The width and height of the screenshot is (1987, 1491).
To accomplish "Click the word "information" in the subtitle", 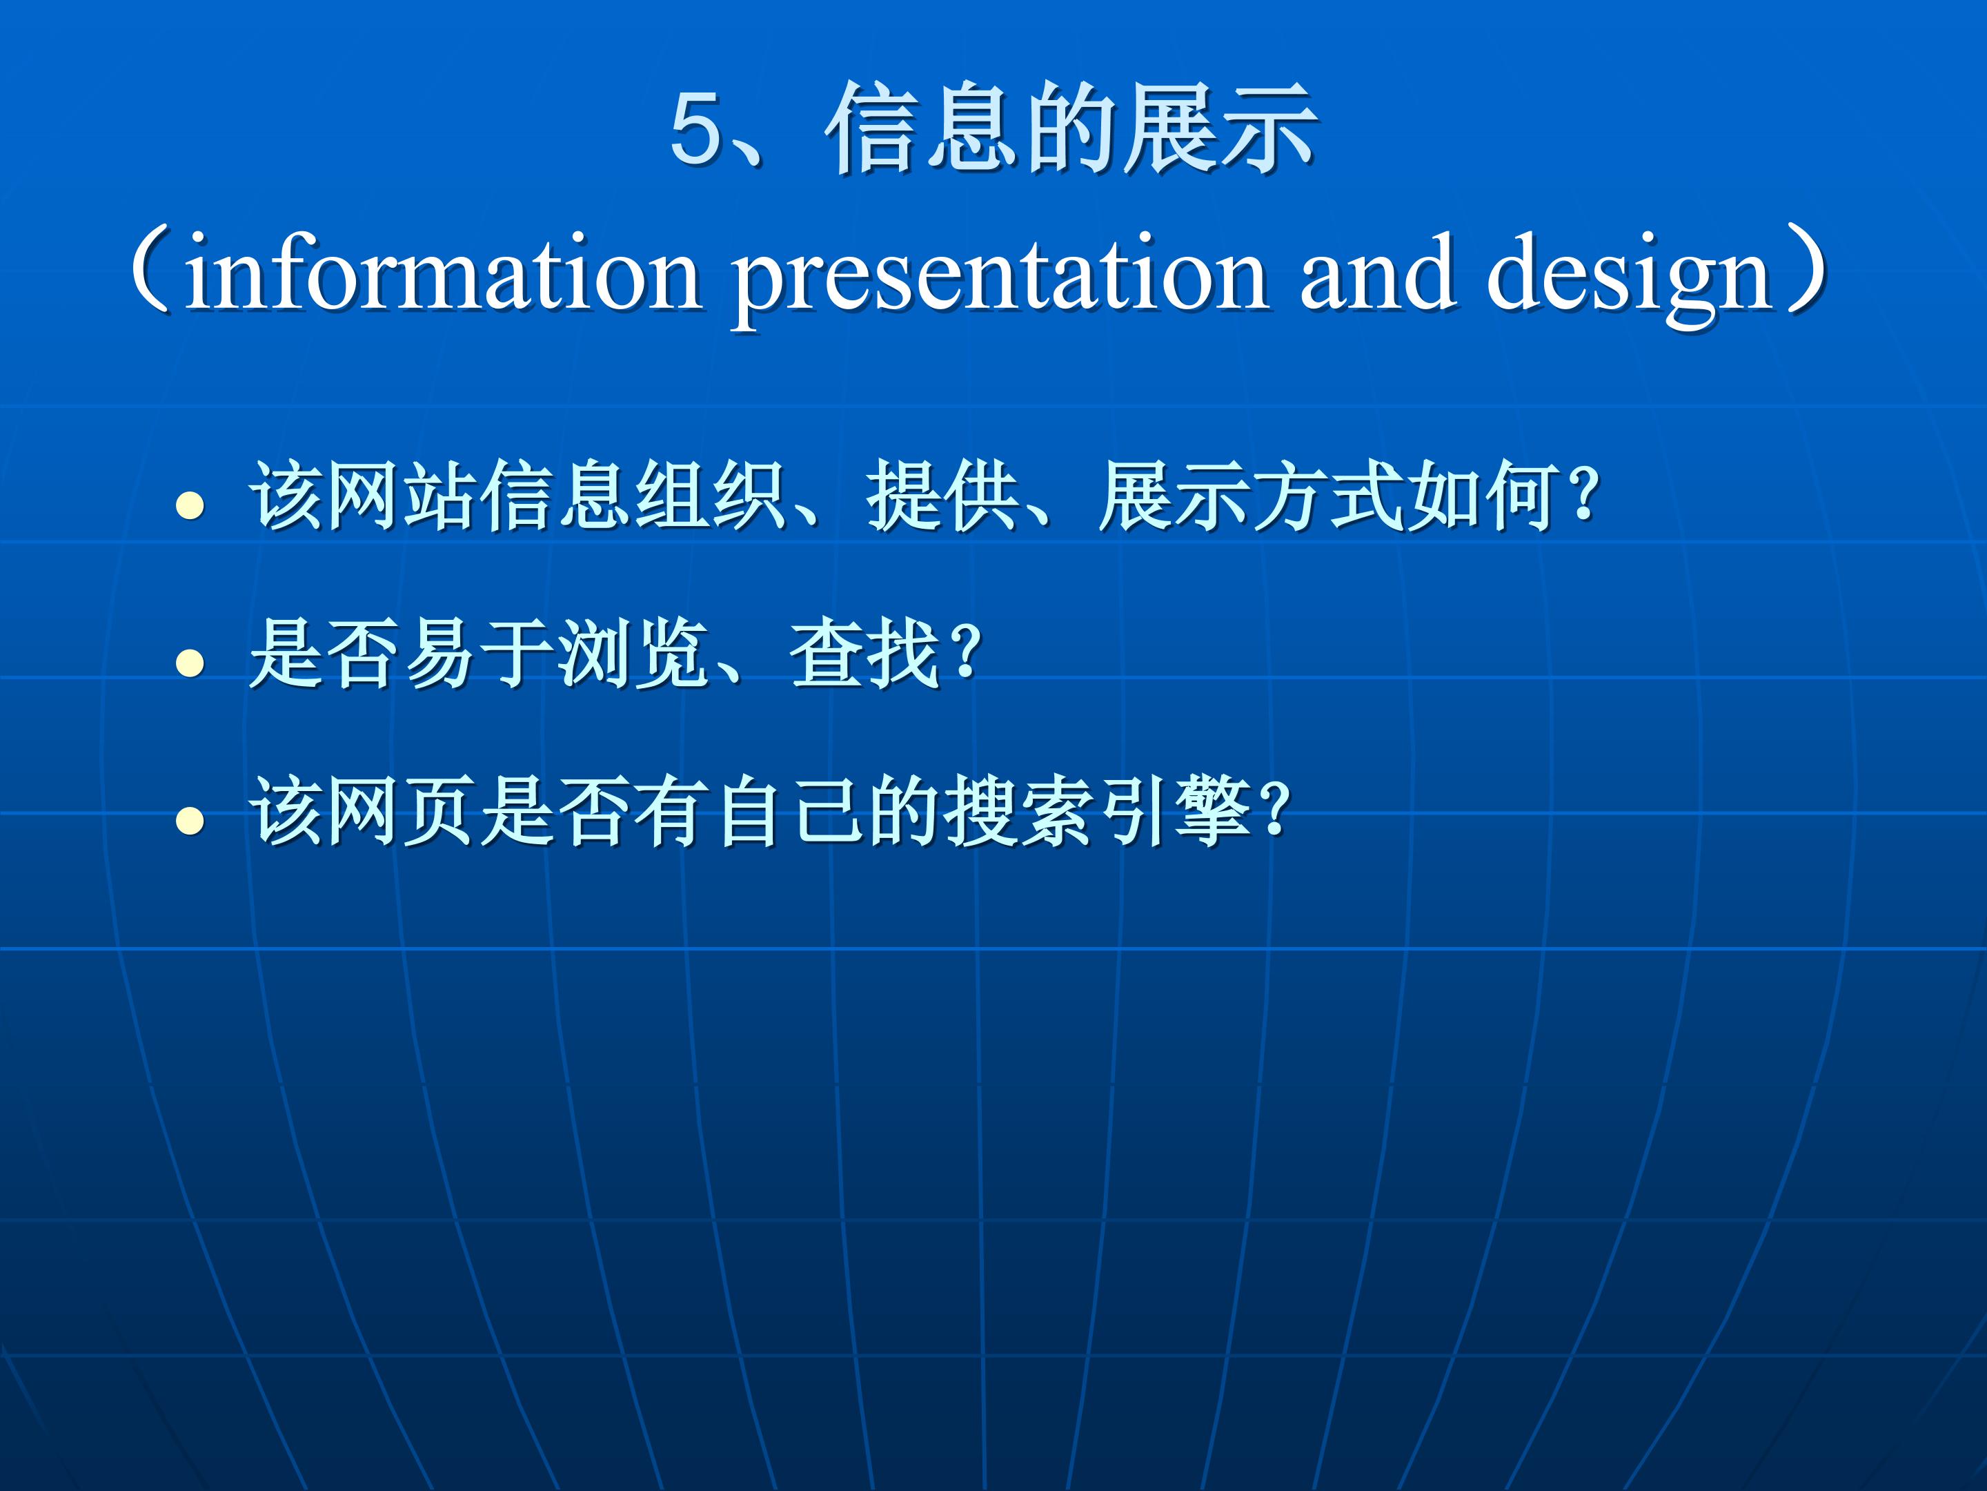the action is pyautogui.click(x=443, y=273).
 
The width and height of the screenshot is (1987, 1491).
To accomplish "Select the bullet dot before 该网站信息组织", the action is pyautogui.click(x=190, y=506).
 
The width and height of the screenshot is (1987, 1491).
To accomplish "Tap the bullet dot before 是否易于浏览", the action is pyautogui.click(x=190, y=663).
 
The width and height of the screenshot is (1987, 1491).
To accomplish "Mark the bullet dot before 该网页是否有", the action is pyautogui.click(x=190, y=819).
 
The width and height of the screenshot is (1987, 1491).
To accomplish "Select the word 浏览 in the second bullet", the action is pyautogui.click(x=633, y=654).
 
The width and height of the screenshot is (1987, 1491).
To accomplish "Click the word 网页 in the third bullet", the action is pyautogui.click(x=402, y=810).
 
